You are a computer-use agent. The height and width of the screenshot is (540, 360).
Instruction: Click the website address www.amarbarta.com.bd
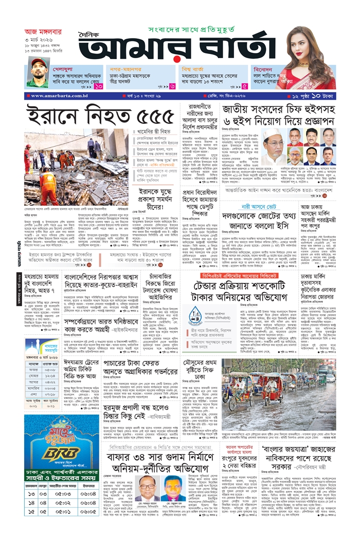point(48,96)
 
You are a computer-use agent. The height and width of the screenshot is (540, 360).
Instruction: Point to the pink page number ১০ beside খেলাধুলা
point(99,86)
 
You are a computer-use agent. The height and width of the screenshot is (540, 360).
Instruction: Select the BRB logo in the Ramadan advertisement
point(53,454)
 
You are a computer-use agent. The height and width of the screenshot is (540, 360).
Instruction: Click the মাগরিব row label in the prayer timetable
point(33,389)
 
